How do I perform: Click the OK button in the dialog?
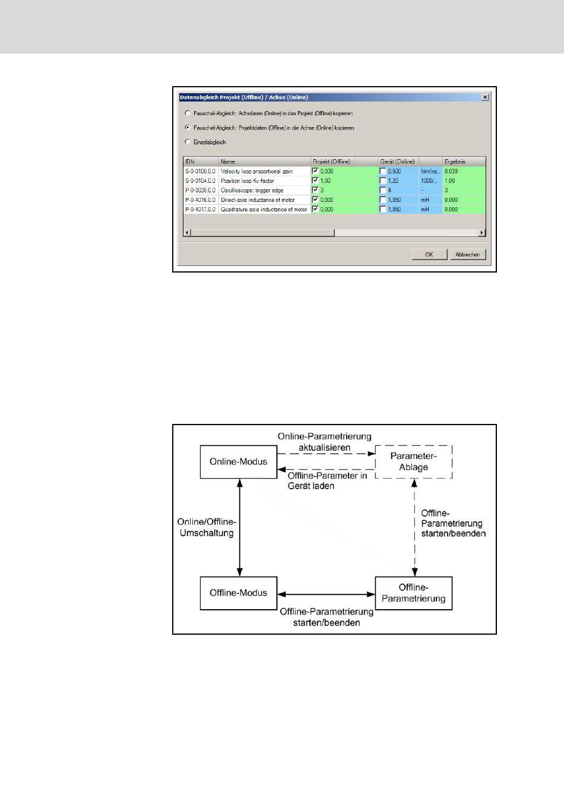coord(429,254)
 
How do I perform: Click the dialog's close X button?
coord(484,97)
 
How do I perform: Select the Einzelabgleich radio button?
coord(188,142)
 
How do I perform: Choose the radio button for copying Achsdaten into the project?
coord(188,113)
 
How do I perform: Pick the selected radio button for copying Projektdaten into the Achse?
coord(188,128)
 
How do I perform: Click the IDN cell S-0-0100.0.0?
coord(201,171)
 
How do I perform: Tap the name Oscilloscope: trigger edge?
coord(252,190)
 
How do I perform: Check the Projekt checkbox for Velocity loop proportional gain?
coord(315,171)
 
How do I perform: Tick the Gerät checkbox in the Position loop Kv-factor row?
coord(383,180)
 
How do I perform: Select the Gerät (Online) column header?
coord(398,161)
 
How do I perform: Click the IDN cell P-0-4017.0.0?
coord(201,209)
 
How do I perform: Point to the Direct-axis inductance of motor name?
coord(258,199)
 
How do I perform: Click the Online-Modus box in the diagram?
coord(239,461)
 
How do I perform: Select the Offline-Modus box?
coord(239,593)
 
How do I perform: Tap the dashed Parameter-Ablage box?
coord(413,462)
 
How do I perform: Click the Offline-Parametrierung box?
coord(413,593)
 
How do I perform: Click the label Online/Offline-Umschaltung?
coord(207,527)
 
